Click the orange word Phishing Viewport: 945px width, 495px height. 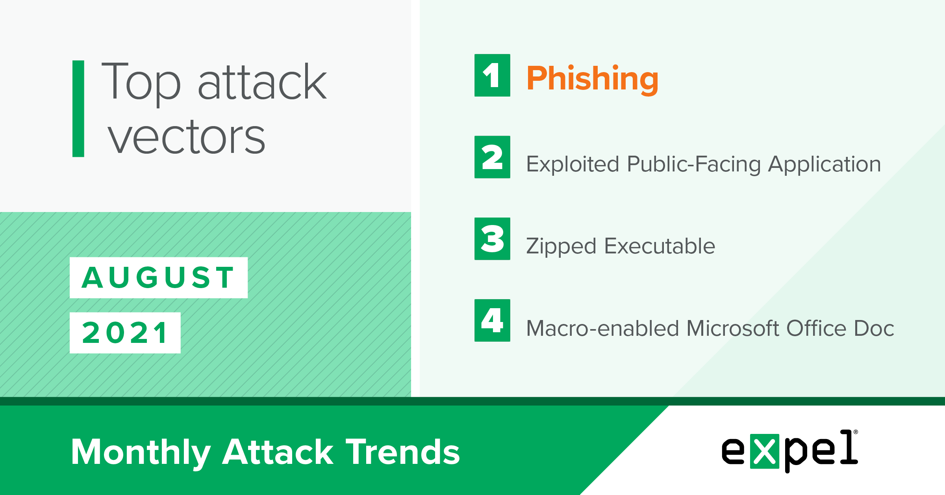592,80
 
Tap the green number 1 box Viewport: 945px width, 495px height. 492,75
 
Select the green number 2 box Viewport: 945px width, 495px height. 492,157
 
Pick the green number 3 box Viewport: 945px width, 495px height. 492,239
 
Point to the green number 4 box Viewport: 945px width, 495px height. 492,320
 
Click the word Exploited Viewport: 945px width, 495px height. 573,164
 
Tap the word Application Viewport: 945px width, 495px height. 825,164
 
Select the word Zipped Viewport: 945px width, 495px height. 561,247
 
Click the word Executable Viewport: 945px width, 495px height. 660,246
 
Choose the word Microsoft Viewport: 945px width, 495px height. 733,328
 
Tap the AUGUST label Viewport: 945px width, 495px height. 159,277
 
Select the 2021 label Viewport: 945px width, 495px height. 125,333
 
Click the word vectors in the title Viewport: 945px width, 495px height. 187,137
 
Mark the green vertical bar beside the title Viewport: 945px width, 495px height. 78,109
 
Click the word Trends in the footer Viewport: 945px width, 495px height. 403,452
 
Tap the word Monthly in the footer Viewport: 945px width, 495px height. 141,453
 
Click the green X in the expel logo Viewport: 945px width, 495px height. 765,451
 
